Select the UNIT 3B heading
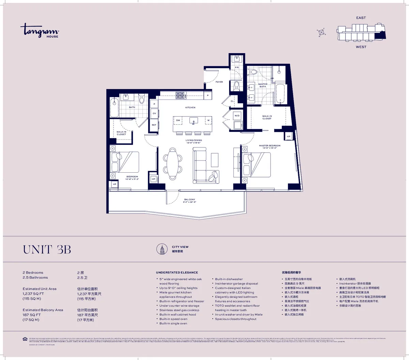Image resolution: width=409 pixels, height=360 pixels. tap(47, 250)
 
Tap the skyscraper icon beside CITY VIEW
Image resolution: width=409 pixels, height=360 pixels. tap(162, 249)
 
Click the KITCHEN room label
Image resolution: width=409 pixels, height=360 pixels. tap(190, 108)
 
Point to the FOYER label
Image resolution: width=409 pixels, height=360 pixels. tap(219, 82)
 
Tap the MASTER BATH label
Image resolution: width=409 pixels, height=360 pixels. tap(263, 85)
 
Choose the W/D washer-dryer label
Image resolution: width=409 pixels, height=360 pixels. tap(237, 116)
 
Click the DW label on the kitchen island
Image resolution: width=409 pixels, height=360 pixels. tap(178, 120)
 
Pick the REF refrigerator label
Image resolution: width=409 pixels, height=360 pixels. tap(154, 125)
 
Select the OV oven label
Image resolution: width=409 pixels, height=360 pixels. tap(154, 113)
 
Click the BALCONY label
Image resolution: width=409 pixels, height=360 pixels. tap(190, 200)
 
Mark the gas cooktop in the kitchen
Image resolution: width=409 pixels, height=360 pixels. tap(180, 95)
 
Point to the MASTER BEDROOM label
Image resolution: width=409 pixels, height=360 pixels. tap(270, 146)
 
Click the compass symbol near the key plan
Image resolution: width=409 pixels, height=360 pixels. tap(321, 32)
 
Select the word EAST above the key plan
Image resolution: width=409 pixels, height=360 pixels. tap(361, 18)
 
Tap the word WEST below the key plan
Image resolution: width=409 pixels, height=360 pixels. tap(361, 47)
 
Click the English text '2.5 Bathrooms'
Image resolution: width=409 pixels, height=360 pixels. tap(35, 278)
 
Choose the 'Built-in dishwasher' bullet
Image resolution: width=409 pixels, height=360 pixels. tap(229, 279)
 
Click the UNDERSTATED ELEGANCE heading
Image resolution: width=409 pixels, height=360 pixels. tap(177, 272)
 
